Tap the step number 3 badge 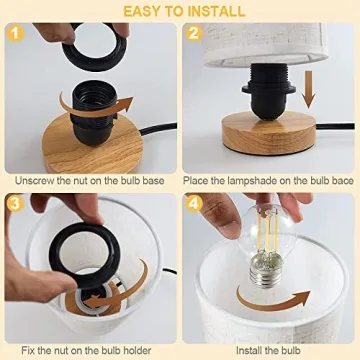click(13, 203)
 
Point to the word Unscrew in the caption click(37, 180)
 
